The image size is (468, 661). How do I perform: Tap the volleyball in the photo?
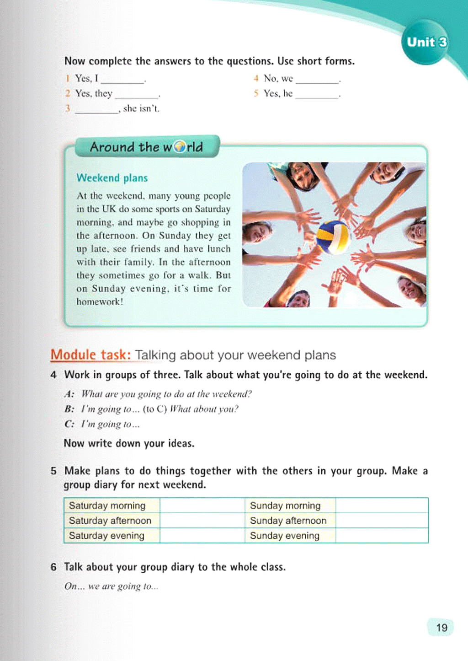coord(333,237)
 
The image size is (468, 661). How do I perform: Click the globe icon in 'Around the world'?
coord(180,147)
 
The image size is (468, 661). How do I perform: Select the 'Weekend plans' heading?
coord(112,178)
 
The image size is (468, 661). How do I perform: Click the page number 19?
coord(441,627)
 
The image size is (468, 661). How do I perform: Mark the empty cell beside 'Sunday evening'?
coord(382,536)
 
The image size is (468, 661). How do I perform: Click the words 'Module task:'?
coord(90,355)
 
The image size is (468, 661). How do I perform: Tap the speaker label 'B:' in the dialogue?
coord(69,409)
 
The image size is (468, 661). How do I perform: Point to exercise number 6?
coord(53,567)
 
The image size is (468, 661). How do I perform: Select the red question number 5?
coord(256,93)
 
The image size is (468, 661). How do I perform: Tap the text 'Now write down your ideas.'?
coord(129,443)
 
